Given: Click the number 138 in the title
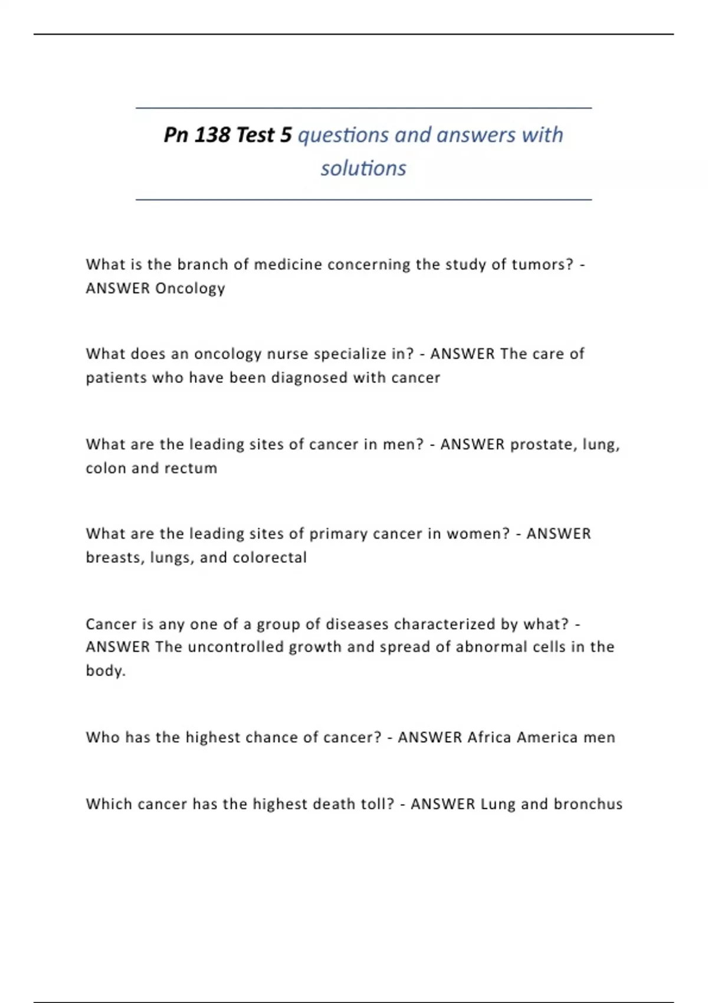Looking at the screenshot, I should pos(212,135).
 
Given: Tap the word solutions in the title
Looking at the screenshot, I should pos(363,168).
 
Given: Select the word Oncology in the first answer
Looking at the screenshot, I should pos(190,289).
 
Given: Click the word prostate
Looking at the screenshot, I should pos(543,444).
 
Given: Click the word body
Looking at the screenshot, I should pos(105,671).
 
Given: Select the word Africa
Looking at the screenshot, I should pos(489,737).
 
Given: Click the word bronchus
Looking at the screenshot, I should pos(588,804).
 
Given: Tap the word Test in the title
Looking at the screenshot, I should pos(255,135).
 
